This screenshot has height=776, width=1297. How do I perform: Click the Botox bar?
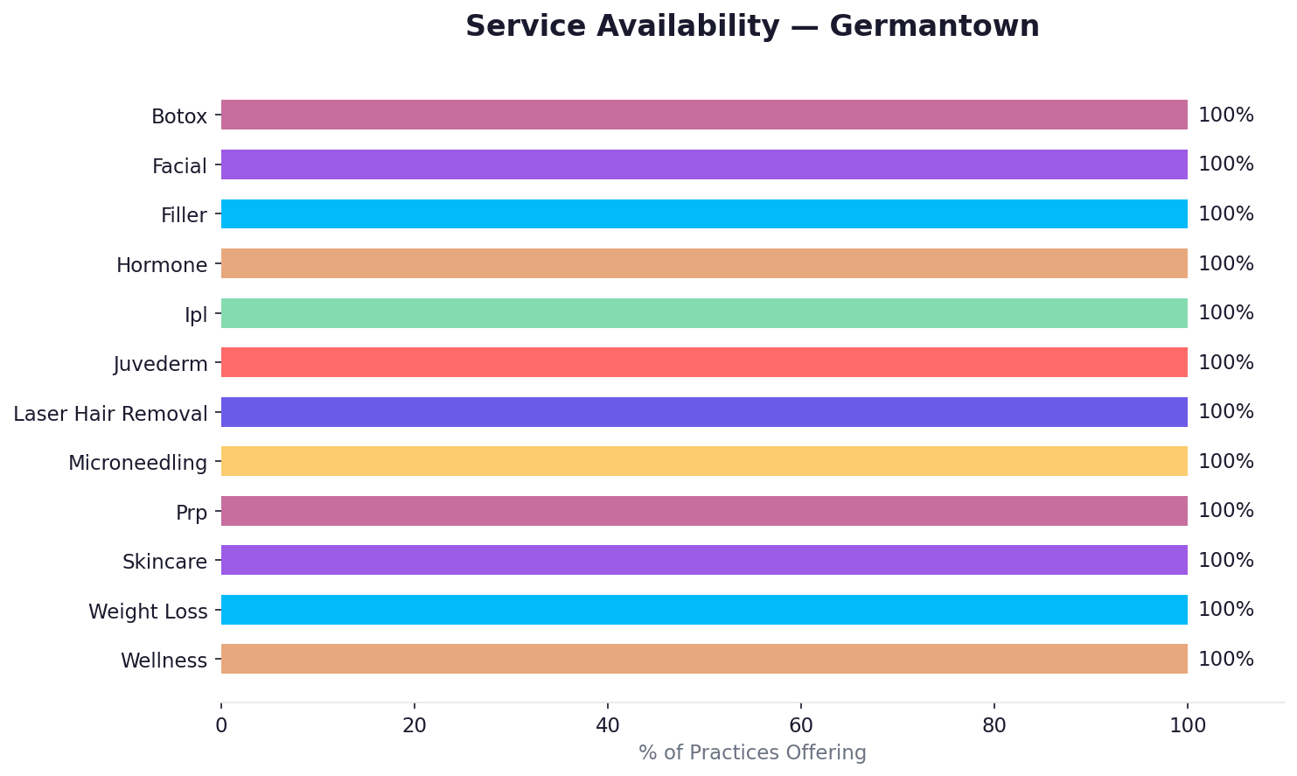point(704,115)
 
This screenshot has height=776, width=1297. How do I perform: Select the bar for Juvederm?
point(704,362)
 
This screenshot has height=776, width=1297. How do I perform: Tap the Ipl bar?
point(704,313)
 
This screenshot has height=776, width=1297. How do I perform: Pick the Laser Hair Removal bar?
point(704,412)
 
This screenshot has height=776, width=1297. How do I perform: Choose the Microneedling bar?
point(704,461)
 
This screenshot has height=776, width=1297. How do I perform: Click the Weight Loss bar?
point(704,610)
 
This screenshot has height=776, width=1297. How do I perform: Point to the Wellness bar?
point(704,659)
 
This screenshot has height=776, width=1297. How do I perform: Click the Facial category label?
point(179,166)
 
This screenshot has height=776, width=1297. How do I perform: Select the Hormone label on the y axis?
point(162,265)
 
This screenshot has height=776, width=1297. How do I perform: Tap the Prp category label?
point(192,513)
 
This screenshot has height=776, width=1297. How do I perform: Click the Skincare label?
point(164,562)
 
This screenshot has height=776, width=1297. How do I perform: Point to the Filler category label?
point(184,215)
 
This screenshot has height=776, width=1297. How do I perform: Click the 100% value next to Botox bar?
point(1225,115)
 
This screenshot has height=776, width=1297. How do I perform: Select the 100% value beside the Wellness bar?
point(1225,659)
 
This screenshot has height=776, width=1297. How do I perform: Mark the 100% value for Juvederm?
point(1225,362)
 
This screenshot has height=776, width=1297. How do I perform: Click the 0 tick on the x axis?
point(221,725)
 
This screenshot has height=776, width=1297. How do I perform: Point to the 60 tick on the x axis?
point(800,725)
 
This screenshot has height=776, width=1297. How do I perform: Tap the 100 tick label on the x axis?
point(1187,725)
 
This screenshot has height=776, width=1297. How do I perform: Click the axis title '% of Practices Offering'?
point(752,752)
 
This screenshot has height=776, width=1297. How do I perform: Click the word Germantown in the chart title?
point(934,26)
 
